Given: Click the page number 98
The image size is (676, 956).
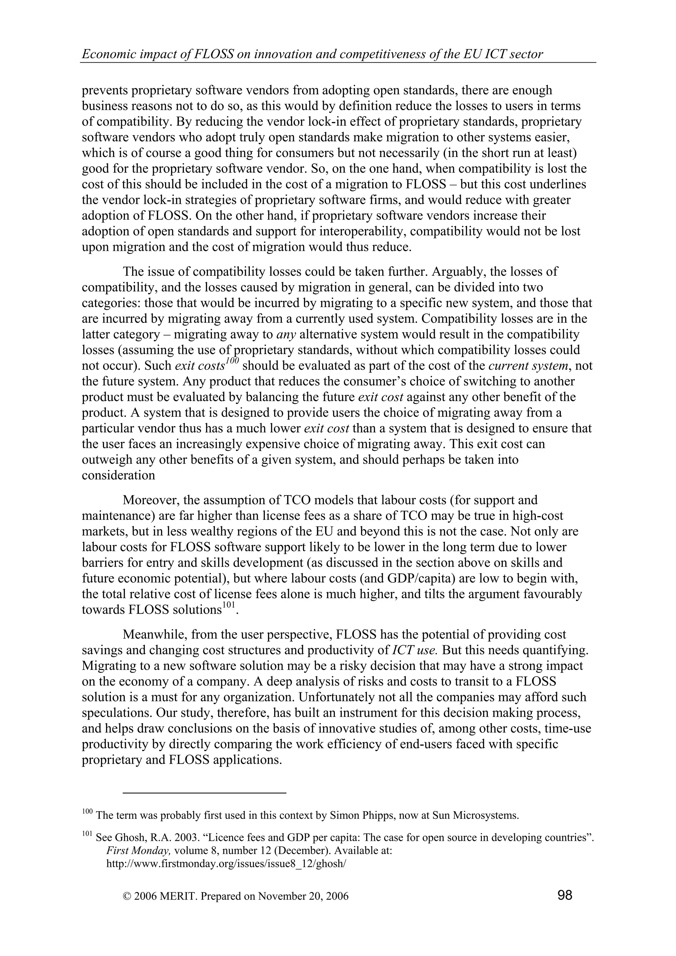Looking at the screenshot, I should pyautogui.click(x=564, y=894).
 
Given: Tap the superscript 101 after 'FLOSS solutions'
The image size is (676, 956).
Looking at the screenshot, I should pyautogui.click(x=228, y=605).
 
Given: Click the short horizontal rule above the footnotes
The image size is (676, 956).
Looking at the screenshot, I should pyautogui.click(x=205, y=793).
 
